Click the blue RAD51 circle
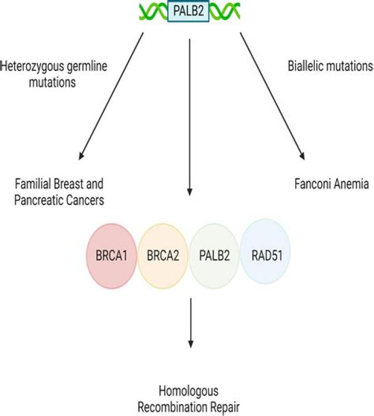265,255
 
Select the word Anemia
351,184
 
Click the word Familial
32,184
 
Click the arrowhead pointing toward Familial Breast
81,156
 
